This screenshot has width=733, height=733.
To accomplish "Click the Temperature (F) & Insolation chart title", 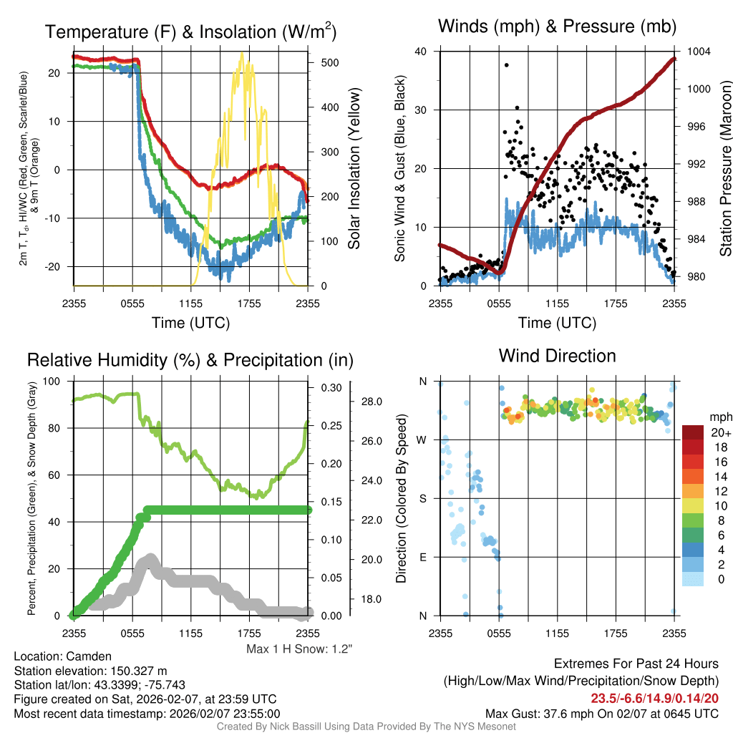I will click(x=190, y=31).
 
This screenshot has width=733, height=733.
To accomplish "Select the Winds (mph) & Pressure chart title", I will click(x=558, y=27).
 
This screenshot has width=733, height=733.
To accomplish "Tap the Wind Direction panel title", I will click(x=558, y=356).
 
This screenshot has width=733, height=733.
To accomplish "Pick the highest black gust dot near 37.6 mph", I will click(x=506, y=64).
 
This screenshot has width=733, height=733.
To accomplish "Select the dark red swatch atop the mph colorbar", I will click(x=694, y=432).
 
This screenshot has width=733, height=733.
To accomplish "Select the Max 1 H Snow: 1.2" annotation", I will click(x=299, y=649).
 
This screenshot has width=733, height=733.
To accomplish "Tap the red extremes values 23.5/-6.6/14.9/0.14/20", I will click(x=654, y=698).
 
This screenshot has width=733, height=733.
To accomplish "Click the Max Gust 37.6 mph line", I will click(x=602, y=714).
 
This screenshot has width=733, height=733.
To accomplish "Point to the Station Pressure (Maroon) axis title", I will click(x=725, y=169).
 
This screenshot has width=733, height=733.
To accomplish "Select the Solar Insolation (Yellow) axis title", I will click(x=354, y=169).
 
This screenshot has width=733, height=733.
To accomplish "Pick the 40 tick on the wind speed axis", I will click(x=420, y=52).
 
